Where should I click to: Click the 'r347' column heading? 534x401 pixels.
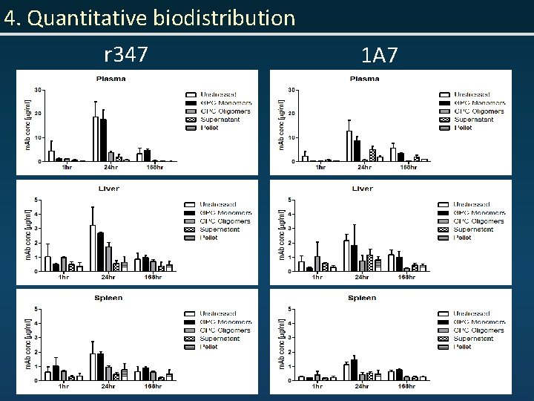(x=126, y=54)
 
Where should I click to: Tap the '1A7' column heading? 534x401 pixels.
(x=380, y=55)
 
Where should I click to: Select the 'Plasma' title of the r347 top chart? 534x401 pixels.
(x=110, y=79)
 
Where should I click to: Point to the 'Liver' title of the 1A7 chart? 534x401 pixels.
(x=362, y=189)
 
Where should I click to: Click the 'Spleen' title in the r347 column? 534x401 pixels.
(x=108, y=298)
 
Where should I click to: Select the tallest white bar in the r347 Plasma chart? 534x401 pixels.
(x=95, y=138)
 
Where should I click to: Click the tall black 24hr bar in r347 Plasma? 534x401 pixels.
(x=103, y=140)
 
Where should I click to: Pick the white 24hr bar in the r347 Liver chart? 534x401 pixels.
(x=93, y=248)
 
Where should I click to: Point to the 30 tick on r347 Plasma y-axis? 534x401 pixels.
(x=37, y=90)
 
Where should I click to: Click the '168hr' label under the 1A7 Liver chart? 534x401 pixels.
(x=406, y=277)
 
